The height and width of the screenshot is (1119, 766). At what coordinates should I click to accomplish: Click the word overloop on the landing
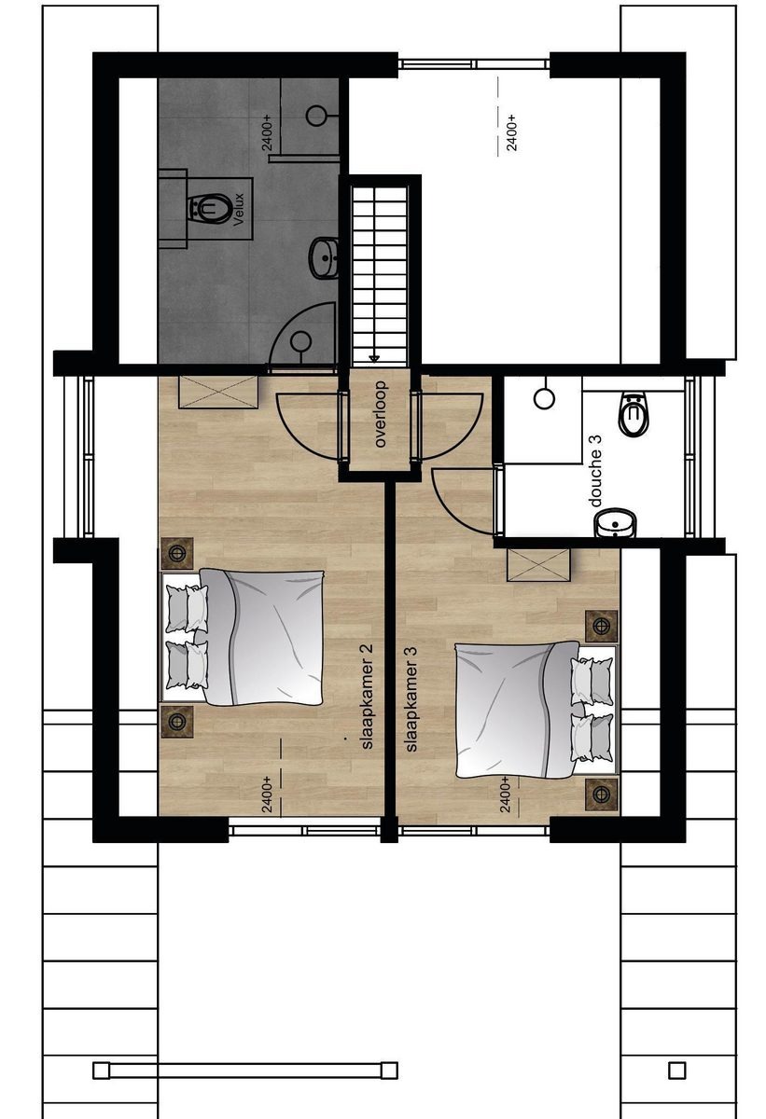[381, 414]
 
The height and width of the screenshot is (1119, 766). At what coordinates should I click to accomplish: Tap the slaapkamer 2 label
[367, 697]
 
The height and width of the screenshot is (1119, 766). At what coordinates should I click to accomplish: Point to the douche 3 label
[596, 472]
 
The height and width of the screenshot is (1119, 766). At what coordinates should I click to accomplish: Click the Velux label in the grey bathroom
[240, 210]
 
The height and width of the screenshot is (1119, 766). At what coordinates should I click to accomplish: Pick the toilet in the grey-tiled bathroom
[209, 207]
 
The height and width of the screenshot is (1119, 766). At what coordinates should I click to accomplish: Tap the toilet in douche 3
[634, 413]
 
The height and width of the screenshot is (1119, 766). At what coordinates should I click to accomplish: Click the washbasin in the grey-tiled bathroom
[324, 257]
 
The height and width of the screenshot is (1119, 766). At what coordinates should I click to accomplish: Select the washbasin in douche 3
[616, 523]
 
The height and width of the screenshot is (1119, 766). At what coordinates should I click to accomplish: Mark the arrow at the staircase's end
[374, 358]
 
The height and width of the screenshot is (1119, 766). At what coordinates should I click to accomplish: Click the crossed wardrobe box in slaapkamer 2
[218, 394]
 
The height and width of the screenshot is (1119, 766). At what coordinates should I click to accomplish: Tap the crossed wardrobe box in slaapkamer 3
[538, 564]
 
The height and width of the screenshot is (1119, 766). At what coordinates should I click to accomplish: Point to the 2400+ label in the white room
[511, 132]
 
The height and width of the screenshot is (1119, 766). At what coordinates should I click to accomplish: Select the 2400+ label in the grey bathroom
[268, 132]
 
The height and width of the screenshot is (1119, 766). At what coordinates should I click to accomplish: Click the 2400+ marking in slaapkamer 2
[267, 794]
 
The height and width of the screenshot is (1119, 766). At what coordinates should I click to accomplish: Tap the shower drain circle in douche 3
[544, 399]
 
